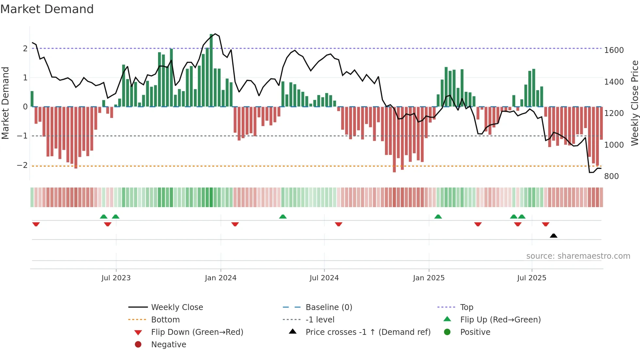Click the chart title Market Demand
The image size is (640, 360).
(47, 9)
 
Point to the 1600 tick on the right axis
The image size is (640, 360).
(614, 50)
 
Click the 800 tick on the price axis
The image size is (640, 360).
(611, 176)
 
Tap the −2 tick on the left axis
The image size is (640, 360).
(22, 165)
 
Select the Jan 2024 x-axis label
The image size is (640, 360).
(220, 278)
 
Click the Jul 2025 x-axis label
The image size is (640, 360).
(532, 278)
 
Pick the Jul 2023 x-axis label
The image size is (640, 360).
(116, 278)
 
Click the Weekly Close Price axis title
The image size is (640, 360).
(634, 103)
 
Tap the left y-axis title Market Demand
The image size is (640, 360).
(5, 103)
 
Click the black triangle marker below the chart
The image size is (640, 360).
(553, 236)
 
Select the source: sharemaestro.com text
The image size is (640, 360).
(578, 256)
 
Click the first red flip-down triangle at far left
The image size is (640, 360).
(36, 224)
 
